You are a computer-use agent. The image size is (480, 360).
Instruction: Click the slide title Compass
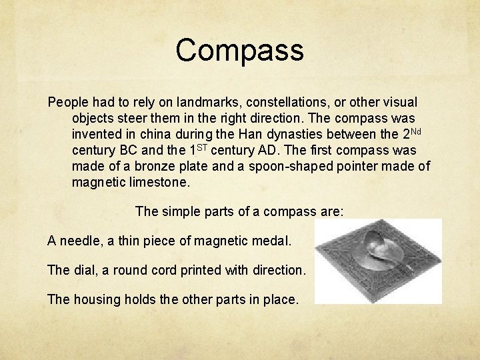[239, 51]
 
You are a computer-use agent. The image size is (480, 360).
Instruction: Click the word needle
[80, 240]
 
